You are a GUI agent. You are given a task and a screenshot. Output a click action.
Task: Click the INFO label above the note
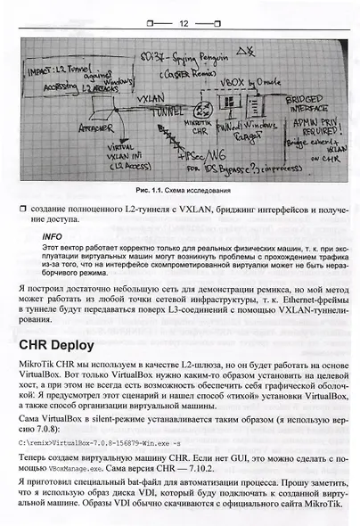[53, 237]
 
